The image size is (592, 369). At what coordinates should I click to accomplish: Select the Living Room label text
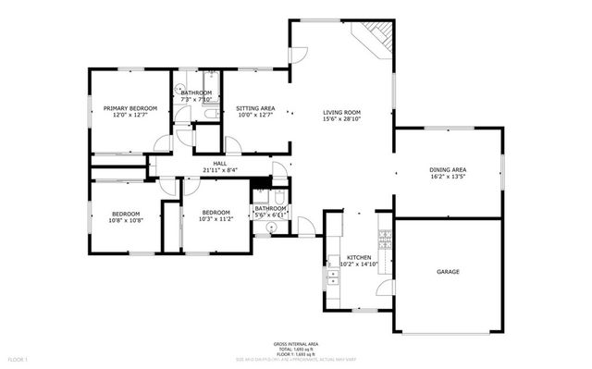point(340,112)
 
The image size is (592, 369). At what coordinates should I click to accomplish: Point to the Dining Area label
point(447,170)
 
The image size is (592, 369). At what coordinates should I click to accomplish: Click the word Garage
point(448,272)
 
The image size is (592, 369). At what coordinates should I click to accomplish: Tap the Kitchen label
point(359,258)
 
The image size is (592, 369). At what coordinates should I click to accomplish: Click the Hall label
point(219,164)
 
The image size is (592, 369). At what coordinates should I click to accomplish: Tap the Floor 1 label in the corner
point(18,358)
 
